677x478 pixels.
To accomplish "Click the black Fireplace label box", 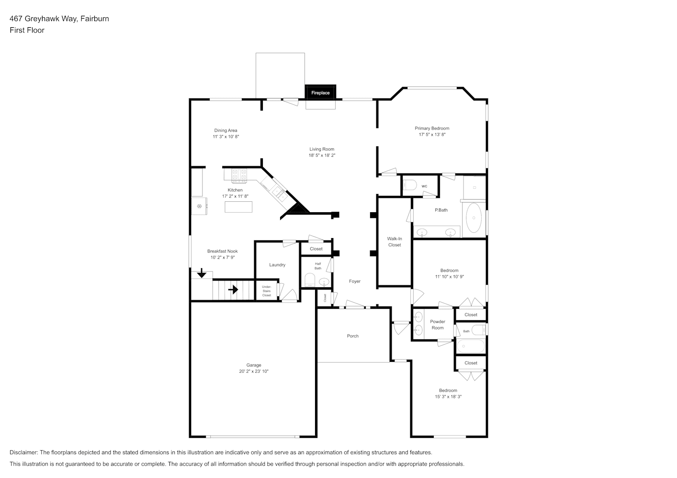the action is (320, 92).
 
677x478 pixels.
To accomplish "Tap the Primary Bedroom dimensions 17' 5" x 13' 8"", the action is (432, 135).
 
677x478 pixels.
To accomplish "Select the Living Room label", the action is (322, 149).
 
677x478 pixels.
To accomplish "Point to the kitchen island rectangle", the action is (238, 207).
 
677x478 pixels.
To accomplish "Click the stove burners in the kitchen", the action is (239, 175).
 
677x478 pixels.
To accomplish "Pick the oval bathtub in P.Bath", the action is (474, 217).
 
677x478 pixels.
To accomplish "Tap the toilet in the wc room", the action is (410, 185).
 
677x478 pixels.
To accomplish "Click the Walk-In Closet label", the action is (395, 242).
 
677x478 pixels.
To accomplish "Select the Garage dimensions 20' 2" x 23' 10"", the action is (254, 371).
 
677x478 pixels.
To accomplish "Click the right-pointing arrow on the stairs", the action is (233, 290).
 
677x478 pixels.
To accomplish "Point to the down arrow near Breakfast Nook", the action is (202, 273).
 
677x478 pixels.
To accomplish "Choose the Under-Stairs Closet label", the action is (267, 291).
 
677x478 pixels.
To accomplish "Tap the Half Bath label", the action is (318, 266).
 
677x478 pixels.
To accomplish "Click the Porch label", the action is (353, 336).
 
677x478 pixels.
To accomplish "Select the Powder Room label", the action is (438, 325).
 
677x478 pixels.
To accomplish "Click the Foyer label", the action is (354, 281).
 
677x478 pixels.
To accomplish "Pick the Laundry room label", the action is (277, 265).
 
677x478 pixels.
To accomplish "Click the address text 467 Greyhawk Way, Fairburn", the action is (59, 19).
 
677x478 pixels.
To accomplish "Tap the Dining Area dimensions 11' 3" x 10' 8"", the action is (226, 137).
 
